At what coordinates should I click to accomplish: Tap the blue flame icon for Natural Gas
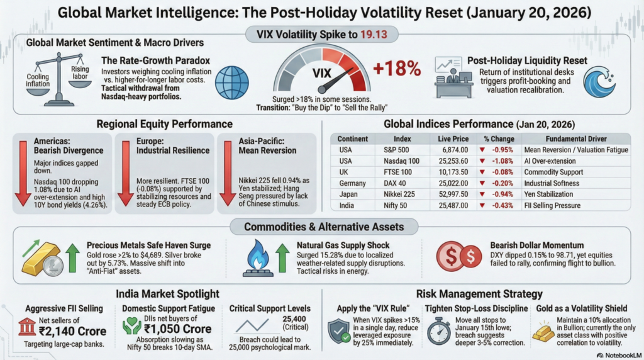[257, 259]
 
